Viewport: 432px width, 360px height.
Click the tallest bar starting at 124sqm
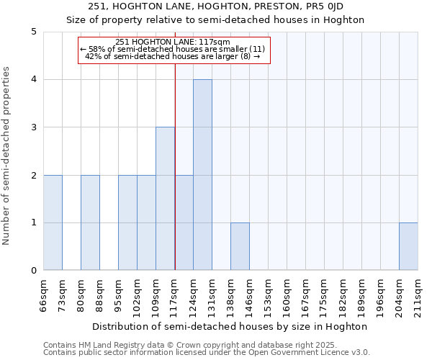pyautogui.click(x=202, y=175)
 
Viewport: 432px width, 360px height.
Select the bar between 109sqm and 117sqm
pyautogui.click(x=165, y=199)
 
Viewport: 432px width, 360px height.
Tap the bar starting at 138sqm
pyautogui.click(x=240, y=246)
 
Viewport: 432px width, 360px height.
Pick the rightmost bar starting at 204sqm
pyautogui.click(x=408, y=246)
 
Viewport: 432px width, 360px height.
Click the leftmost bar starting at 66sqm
pyautogui.click(x=53, y=222)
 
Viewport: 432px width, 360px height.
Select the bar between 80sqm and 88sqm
pyautogui.click(x=90, y=222)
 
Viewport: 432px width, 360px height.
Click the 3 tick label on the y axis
pyautogui.click(x=33, y=127)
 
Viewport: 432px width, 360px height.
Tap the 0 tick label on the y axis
pyautogui.click(x=33, y=271)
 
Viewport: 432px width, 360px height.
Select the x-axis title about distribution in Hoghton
pyautogui.click(x=230, y=326)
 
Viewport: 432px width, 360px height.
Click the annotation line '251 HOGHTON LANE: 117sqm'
pyautogui.click(x=173, y=42)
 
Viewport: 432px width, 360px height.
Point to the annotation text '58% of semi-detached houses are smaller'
pyautogui.click(x=173, y=49)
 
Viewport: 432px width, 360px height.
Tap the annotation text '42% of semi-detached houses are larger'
pyautogui.click(x=173, y=56)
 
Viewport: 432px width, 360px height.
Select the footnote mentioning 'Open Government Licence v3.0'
pyautogui.click(x=207, y=353)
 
